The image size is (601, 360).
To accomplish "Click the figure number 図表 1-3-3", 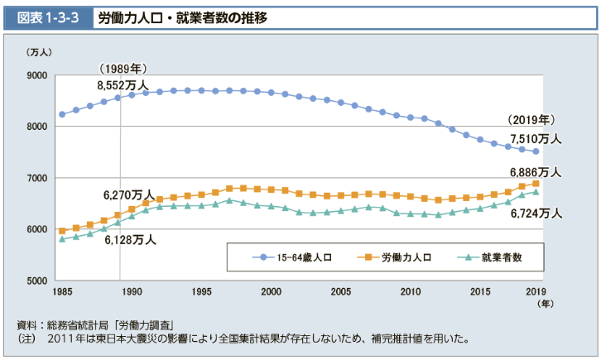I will [x=47, y=17].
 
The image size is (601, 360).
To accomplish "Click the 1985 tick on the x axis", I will [x=62, y=292].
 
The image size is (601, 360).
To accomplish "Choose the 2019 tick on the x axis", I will [x=536, y=292].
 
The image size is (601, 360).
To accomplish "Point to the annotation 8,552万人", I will [x=123, y=84].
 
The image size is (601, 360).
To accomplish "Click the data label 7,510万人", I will [x=536, y=138].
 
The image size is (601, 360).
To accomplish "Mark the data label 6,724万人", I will [x=536, y=213].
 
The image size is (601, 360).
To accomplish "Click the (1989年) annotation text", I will [x=123, y=68].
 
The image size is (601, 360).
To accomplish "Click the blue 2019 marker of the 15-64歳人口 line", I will [x=536, y=151].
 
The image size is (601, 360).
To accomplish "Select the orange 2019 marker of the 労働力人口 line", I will [x=536, y=183].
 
